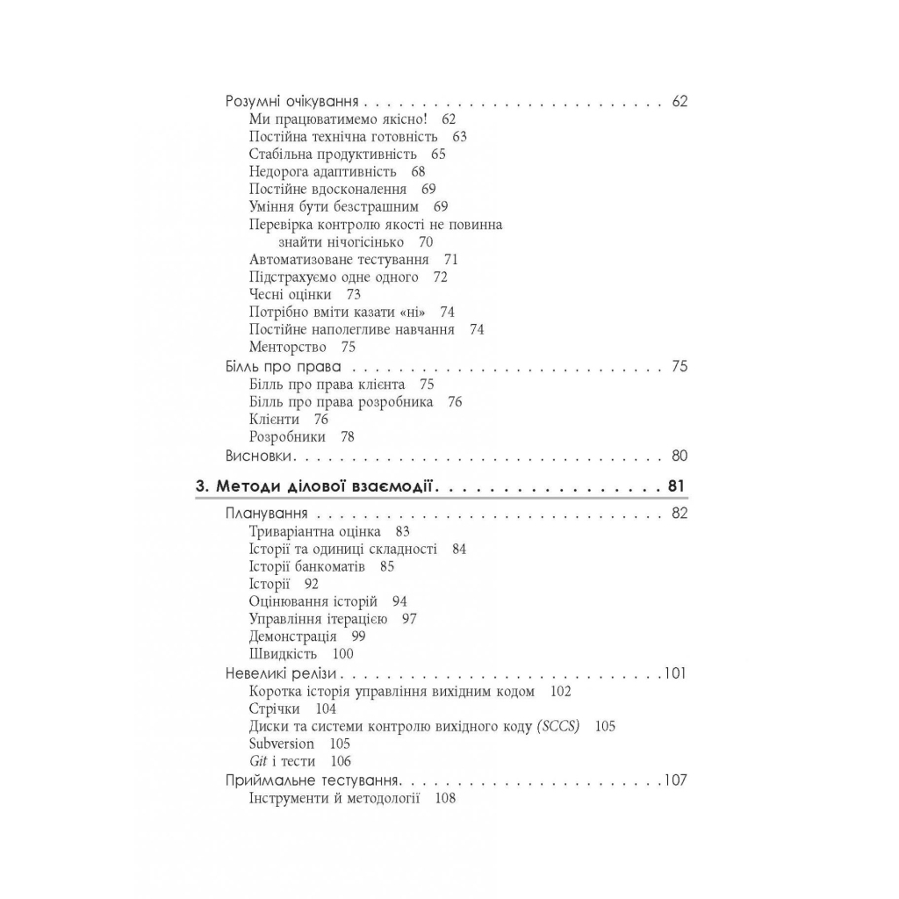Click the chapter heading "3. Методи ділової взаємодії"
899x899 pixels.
pos(316,485)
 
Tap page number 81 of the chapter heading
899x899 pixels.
pos(677,485)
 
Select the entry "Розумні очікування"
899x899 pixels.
pos(294,101)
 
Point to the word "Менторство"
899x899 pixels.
pos(288,348)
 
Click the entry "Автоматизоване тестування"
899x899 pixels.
pos(339,260)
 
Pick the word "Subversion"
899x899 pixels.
pos(281,744)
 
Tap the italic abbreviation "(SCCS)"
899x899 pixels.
pos(557,726)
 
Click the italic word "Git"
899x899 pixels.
pos(258,761)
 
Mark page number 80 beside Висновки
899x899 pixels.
pos(679,456)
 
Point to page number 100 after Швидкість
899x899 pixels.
pos(342,654)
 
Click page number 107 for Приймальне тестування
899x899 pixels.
pos(675,780)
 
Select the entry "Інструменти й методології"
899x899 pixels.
pos(334,798)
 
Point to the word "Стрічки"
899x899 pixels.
pos(274,708)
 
